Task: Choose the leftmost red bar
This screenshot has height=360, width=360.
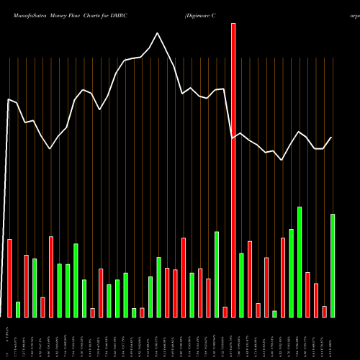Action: [10, 277]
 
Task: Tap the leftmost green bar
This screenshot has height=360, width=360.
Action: [18, 309]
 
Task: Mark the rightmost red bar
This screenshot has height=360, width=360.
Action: [324, 311]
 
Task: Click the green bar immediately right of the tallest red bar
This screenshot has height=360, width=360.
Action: [242, 284]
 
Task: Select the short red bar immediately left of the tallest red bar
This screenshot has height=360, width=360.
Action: [225, 311]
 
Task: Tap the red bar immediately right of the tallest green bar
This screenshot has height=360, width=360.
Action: [307, 294]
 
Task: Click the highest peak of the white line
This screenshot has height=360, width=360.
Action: [158, 32]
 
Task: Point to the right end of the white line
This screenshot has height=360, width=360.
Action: [332, 138]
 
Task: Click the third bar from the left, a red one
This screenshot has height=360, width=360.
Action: [27, 286]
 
